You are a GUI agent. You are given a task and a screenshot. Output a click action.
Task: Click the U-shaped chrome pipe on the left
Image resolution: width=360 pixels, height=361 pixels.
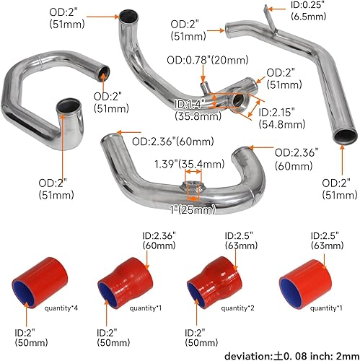coord(36,90)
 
